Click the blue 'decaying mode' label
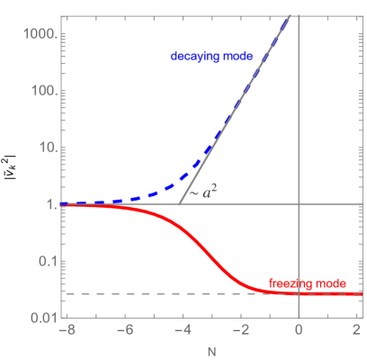(212, 56)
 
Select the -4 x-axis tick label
(180, 330)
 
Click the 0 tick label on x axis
(299, 330)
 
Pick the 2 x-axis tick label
(357, 330)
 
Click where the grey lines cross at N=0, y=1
(299, 204)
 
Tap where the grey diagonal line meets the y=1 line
(180, 204)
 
